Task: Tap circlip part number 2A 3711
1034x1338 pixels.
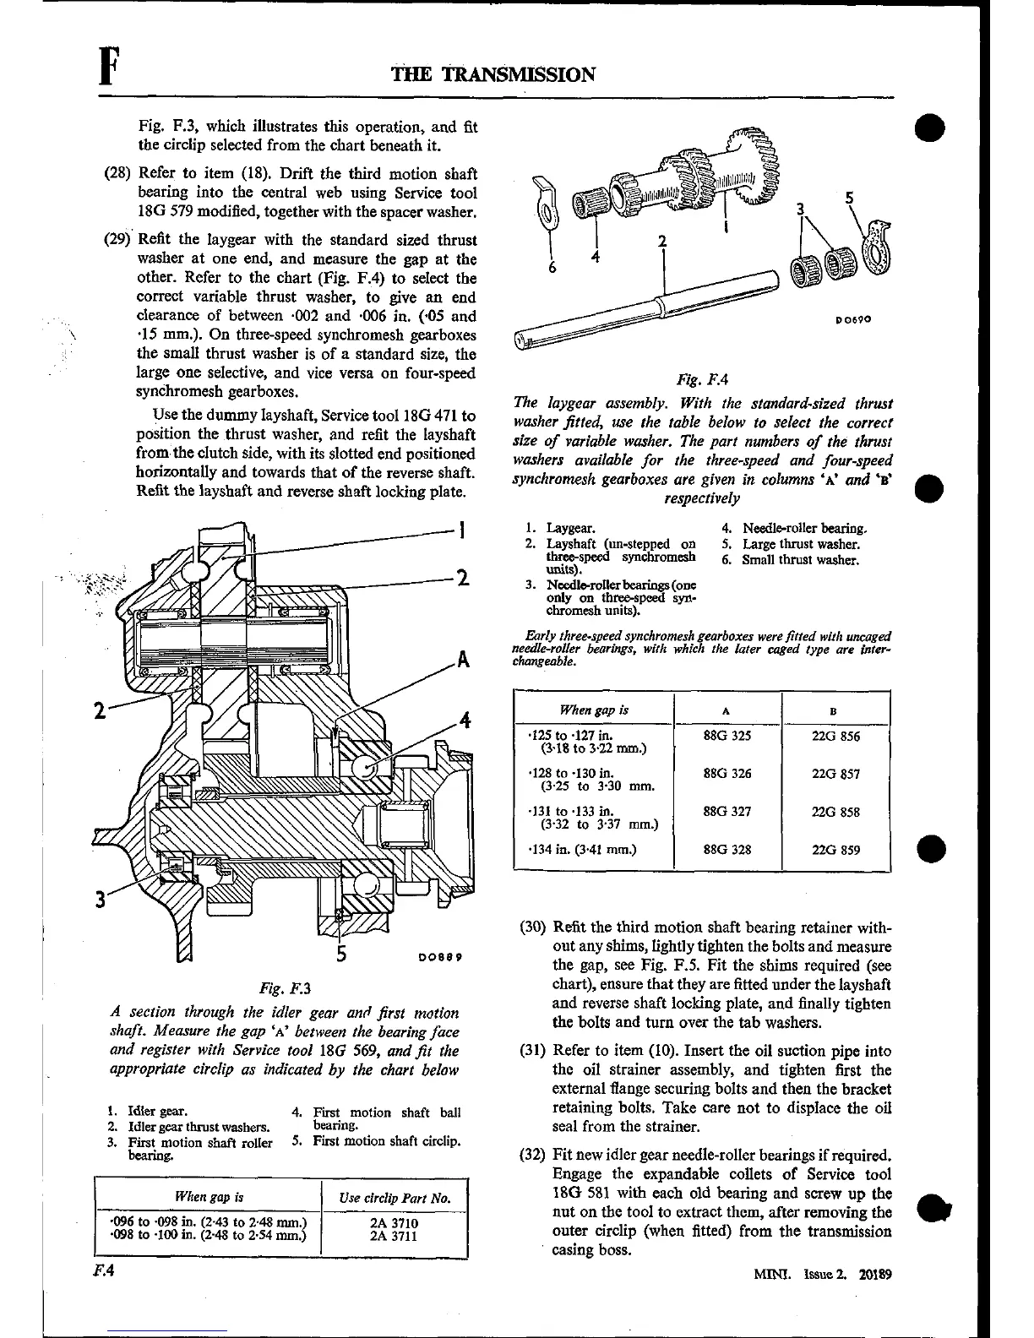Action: [x=394, y=1237]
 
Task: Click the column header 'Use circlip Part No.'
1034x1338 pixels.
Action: [x=395, y=1198]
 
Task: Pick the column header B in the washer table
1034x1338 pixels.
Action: [x=835, y=711]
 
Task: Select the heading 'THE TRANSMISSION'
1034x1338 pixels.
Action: [x=493, y=74]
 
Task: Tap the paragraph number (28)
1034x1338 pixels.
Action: [x=117, y=174]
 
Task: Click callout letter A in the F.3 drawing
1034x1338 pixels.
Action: [x=463, y=661]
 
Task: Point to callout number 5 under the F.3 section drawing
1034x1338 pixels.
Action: [x=340, y=954]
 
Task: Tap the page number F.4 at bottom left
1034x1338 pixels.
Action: [x=106, y=1270]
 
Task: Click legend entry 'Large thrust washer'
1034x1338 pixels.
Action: [x=801, y=545]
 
